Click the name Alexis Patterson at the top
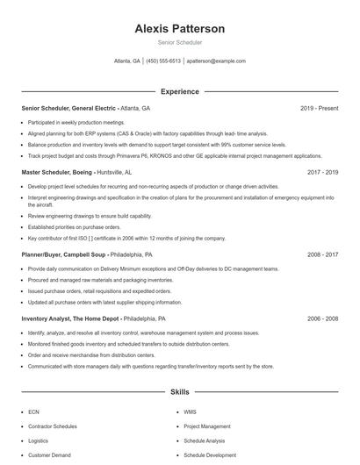click(180, 29)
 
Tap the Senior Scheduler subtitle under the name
click(180, 41)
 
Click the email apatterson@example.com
click(216, 61)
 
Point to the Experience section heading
click(180, 91)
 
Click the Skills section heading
click(180, 391)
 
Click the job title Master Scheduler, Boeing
click(56, 173)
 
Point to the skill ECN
click(33, 411)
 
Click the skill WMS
click(191, 411)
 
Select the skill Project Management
click(206, 426)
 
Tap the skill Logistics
click(38, 440)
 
